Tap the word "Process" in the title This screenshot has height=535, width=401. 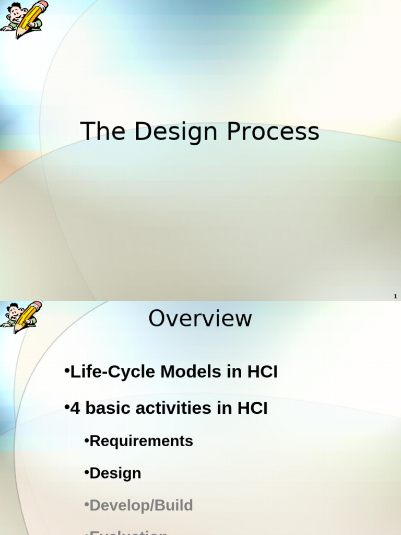click(x=273, y=131)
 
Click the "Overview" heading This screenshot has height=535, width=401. click(x=200, y=319)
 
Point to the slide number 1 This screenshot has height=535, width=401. click(x=395, y=296)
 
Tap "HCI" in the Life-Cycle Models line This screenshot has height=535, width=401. click(x=262, y=372)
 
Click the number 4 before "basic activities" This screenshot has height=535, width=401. click(x=75, y=408)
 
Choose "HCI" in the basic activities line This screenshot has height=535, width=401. click(x=252, y=408)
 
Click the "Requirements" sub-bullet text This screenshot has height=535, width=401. click(x=141, y=441)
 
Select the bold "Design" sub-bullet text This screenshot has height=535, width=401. click(x=115, y=473)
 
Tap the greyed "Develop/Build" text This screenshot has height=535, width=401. click(x=141, y=505)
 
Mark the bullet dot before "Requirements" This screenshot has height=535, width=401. click(x=87, y=441)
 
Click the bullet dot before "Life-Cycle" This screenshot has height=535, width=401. click(x=67, y=371)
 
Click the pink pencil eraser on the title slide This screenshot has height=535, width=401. click(x=43, y=5)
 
